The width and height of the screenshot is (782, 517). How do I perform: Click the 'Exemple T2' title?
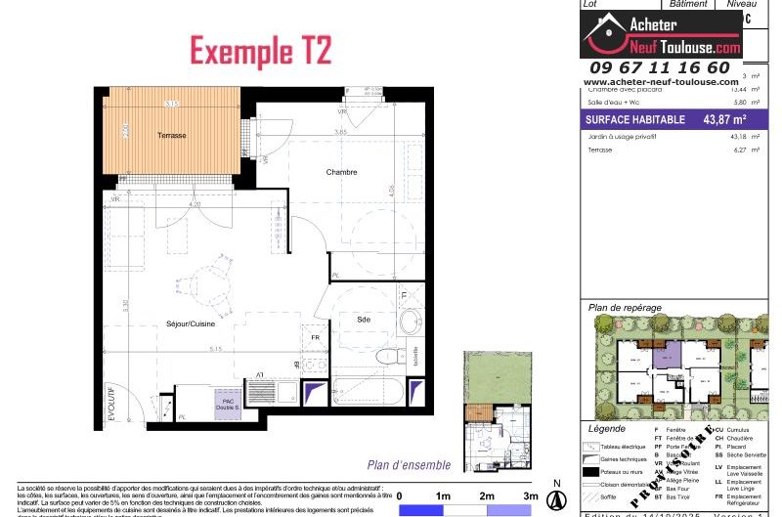248,48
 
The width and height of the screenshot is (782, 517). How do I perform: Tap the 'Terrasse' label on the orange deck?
172,135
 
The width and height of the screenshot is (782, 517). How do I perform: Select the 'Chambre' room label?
341,172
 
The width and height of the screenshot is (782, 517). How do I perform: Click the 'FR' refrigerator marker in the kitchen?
315,337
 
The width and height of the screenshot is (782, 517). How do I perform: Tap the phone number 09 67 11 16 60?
662,67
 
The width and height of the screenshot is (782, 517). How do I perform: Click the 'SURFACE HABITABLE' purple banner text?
634,120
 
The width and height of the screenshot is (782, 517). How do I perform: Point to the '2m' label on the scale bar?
486,495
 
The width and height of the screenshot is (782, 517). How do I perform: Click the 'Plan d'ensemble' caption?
409,465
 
